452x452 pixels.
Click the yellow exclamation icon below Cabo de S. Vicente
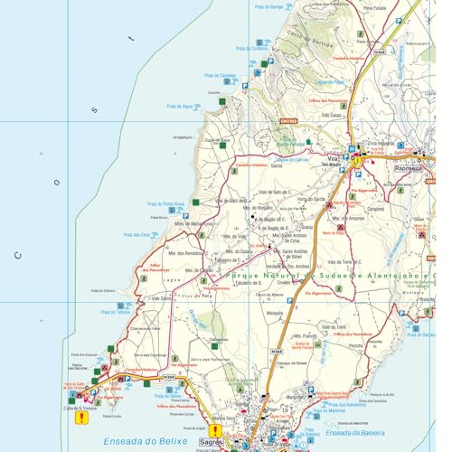[x=82, y=417]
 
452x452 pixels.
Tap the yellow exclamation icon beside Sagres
[x=216, y=431]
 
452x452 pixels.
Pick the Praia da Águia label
[x=179, y=106]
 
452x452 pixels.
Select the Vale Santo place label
[x=161, y=297]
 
